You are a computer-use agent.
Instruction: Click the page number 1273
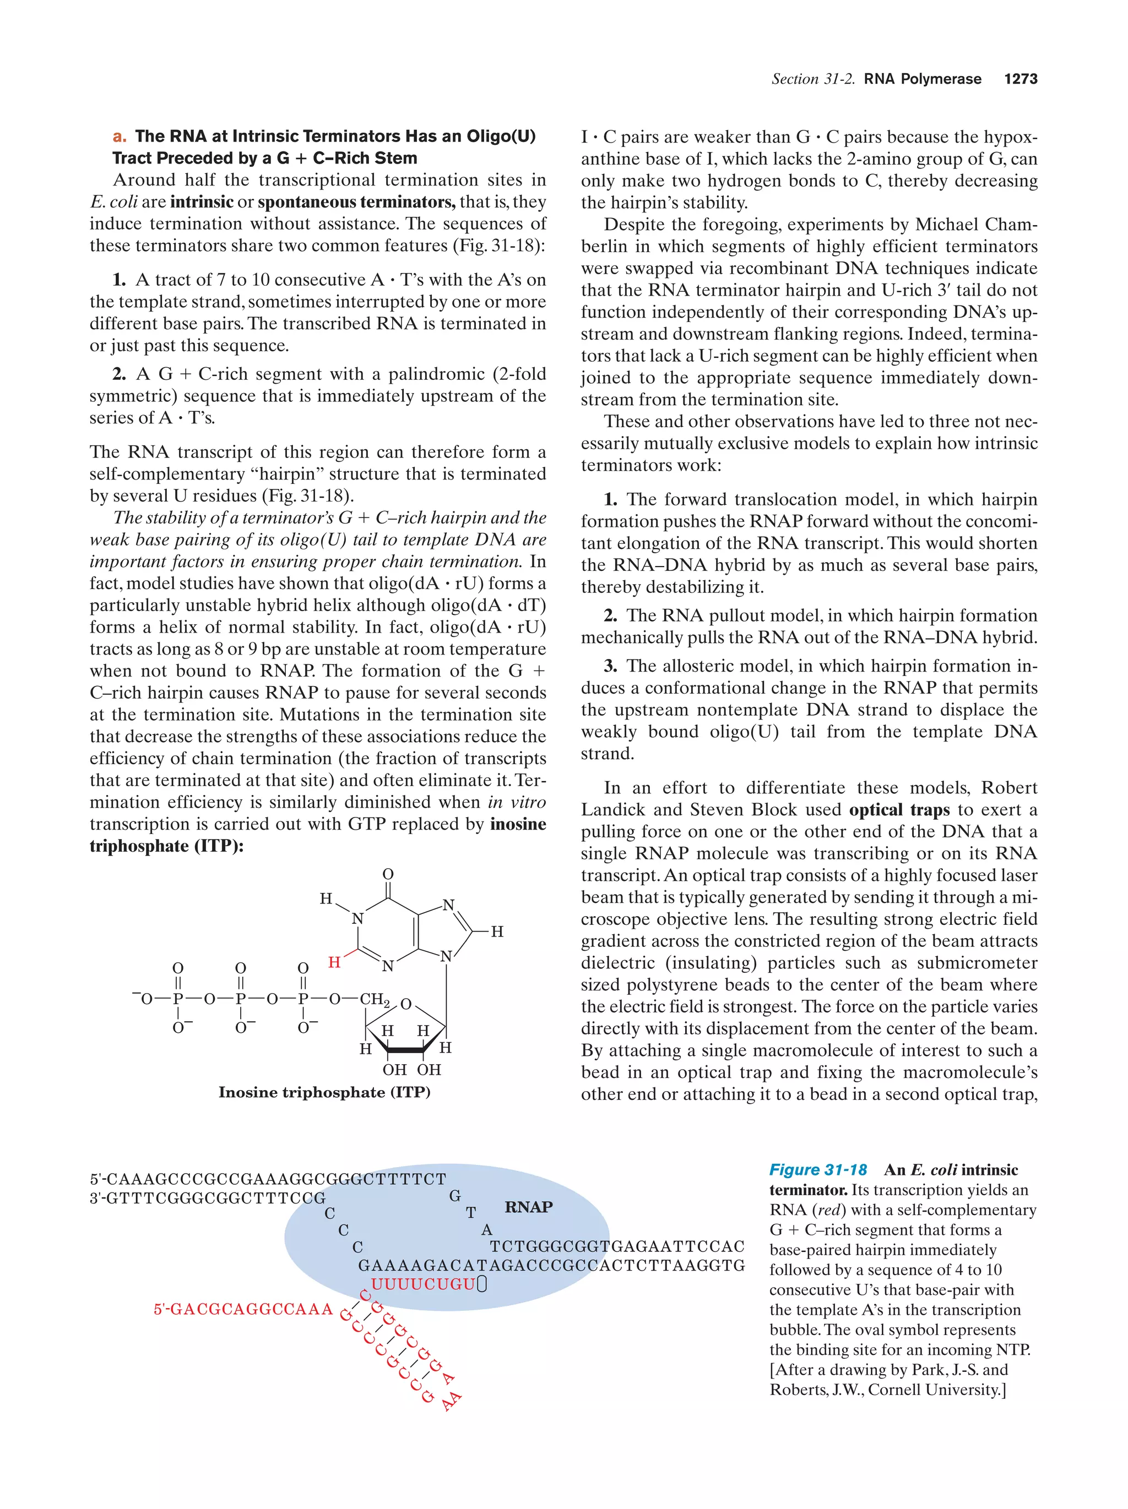(1020, 79)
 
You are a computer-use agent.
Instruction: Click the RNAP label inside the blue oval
(528, 1206)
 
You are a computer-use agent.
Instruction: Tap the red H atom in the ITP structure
(334, 962)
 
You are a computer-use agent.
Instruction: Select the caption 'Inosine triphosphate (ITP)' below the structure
(324, 1092)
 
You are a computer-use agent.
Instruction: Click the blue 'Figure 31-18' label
(817, 1170)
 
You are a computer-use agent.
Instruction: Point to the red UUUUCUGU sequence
(423, 1284)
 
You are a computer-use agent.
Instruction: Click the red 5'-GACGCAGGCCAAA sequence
(243, 1309)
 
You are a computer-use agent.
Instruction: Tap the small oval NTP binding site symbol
(482, 1284)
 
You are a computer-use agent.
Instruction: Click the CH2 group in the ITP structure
(375, 999)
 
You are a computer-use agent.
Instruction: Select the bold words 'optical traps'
(899, 810)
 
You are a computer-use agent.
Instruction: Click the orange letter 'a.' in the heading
(120, 137)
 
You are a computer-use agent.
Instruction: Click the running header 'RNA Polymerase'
(922, 79)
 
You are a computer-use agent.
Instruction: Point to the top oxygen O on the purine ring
(388, 874)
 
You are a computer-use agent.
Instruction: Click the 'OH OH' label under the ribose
(411, 1069)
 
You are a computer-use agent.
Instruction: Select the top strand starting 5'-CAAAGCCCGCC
(268, 1179)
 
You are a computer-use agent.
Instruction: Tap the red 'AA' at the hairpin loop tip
(451, 1401)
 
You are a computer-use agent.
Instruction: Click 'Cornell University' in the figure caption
(934, 1390)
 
